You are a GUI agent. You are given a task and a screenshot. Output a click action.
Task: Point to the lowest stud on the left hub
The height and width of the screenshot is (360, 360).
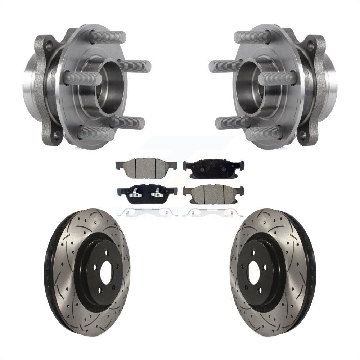point(95,133)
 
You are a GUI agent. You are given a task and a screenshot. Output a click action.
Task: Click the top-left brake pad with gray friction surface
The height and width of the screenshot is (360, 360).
point(146,167)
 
